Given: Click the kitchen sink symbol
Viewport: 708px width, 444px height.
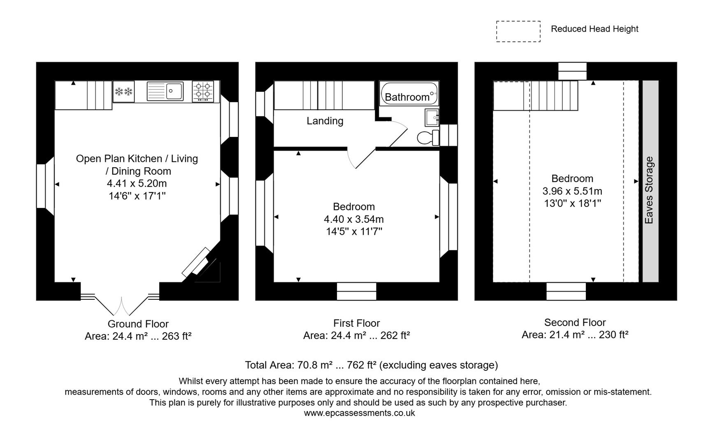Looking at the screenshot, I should [165, 91].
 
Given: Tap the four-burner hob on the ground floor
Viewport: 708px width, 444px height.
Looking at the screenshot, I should [203, 91].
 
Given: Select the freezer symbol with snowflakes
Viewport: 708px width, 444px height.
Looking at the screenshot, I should [124, 91].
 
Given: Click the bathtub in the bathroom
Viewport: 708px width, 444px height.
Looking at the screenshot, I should [409, 93].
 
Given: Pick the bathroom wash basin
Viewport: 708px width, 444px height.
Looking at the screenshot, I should [432, 118].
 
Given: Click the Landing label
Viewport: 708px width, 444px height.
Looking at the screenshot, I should [325, 121].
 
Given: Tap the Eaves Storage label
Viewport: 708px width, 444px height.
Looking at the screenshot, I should [649, 190].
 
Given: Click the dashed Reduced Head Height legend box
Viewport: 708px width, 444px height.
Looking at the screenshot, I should [518, 31].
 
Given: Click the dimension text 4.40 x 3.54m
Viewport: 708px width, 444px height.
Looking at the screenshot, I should [353, 219].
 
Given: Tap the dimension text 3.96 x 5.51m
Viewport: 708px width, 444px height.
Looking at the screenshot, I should [572, 191].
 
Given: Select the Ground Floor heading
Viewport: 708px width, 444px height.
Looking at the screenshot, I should [138, 324].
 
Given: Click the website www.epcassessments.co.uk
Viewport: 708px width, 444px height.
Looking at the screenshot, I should [359, 413].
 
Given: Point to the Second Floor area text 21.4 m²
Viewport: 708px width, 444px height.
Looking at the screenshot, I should [575, 335].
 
